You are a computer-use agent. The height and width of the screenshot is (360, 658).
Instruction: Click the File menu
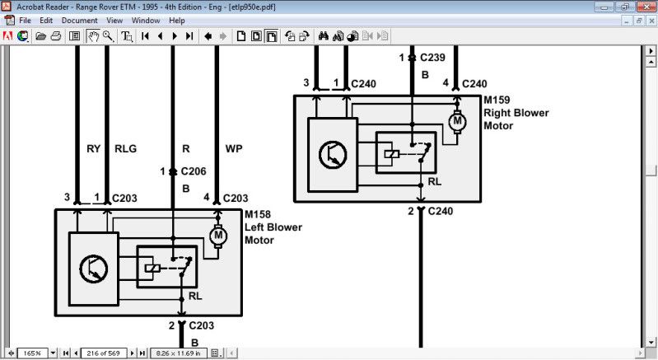(25, 20)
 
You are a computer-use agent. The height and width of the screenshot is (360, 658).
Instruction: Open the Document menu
(80, 20)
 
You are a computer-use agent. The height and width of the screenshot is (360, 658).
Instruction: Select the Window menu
(146, 20)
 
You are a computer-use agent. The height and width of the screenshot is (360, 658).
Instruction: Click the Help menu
(177, 20)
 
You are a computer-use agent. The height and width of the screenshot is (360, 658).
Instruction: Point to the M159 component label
(497, 101)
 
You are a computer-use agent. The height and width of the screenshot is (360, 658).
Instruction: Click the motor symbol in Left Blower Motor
(219, 236)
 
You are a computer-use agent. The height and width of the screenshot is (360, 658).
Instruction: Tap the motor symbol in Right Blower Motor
(457, 122)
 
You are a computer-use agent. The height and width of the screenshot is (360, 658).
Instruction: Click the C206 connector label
(193, 172)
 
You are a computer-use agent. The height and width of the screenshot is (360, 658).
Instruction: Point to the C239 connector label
(432, 58)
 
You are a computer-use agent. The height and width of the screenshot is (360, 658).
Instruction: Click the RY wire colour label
(93, 150)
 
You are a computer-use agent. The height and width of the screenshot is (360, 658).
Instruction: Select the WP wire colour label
(233, 150)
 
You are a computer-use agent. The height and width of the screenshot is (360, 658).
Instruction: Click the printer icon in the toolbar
(56, 36)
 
